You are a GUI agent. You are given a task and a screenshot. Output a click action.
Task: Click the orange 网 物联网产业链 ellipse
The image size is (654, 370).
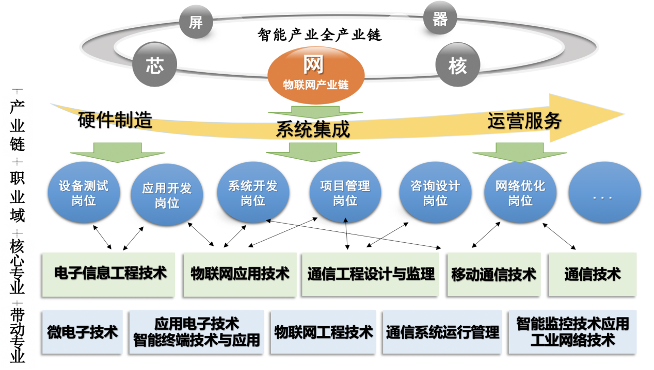[315, 72]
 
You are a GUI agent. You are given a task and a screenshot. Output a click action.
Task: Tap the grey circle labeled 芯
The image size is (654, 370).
[154, 65]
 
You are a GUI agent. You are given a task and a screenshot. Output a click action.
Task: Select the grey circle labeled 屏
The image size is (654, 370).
[196, 22]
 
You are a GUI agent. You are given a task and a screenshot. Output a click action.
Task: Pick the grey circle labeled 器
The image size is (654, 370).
[439, 19]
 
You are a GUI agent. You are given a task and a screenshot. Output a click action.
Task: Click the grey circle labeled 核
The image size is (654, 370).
[457, 65]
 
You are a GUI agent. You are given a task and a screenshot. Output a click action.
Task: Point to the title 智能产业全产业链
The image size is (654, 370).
[320, 35]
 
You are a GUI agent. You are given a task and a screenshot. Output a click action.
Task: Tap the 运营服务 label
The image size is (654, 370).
[524, 121]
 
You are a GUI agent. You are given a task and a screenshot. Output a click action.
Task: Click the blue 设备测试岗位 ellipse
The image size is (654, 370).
[84, 193]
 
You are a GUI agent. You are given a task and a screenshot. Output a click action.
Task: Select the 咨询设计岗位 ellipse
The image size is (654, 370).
[435, 193]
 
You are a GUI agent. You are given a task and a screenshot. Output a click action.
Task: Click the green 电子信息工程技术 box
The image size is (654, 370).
[110, 274]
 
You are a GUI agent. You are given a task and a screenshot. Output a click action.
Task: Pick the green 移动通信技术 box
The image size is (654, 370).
[493, 274]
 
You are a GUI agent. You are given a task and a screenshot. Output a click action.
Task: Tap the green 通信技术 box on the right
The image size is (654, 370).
[592, 274]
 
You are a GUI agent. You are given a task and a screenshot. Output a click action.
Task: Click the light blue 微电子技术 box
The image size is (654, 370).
[82, 332]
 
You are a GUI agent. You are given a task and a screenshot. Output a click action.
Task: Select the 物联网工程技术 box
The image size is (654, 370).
[324, 332]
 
